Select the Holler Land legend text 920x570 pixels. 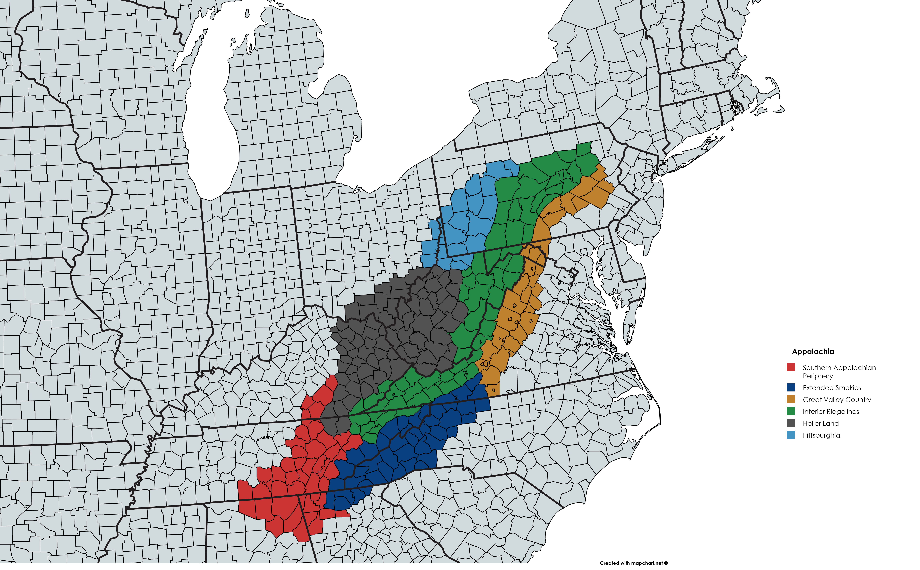[x=821, y=423]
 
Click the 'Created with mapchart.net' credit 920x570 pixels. [x=633, y=563]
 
